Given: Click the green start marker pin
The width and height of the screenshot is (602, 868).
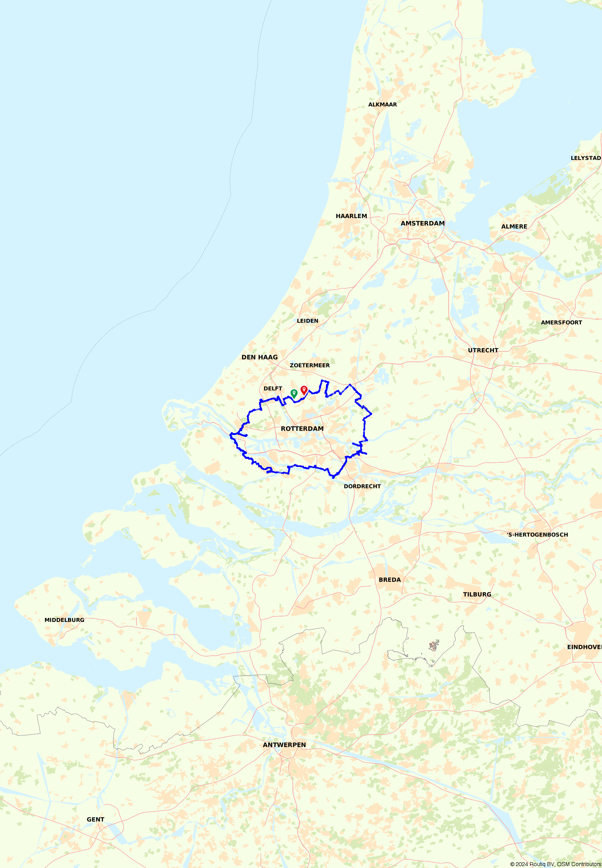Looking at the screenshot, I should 294,393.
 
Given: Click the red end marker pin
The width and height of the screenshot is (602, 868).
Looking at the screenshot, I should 304,390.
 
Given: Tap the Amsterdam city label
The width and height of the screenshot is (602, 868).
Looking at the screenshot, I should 422,223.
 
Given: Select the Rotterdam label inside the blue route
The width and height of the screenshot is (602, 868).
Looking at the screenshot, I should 302,428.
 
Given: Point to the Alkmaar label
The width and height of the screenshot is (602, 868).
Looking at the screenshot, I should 382,105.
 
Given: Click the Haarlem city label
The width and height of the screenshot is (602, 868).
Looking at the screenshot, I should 351,216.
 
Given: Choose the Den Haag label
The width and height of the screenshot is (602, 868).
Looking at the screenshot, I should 259,357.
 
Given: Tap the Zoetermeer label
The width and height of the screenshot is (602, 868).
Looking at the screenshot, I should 309,365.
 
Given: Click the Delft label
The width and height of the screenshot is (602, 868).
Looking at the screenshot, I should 273,388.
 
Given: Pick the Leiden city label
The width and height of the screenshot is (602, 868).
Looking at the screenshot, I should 308,321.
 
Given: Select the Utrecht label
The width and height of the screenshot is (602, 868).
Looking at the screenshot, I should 483,350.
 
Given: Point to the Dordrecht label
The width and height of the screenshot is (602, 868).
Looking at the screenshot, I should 362,486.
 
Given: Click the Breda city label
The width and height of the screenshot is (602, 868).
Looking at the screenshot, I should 389,580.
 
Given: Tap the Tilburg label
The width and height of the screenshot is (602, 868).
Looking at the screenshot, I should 477,594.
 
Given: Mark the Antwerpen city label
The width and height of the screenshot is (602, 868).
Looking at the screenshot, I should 284,745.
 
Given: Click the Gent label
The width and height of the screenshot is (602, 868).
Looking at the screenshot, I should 95,820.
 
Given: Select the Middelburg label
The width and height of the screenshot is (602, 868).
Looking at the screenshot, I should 64,620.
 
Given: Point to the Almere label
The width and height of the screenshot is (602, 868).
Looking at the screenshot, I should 514,227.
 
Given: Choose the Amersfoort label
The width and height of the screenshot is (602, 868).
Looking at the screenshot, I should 561,323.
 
